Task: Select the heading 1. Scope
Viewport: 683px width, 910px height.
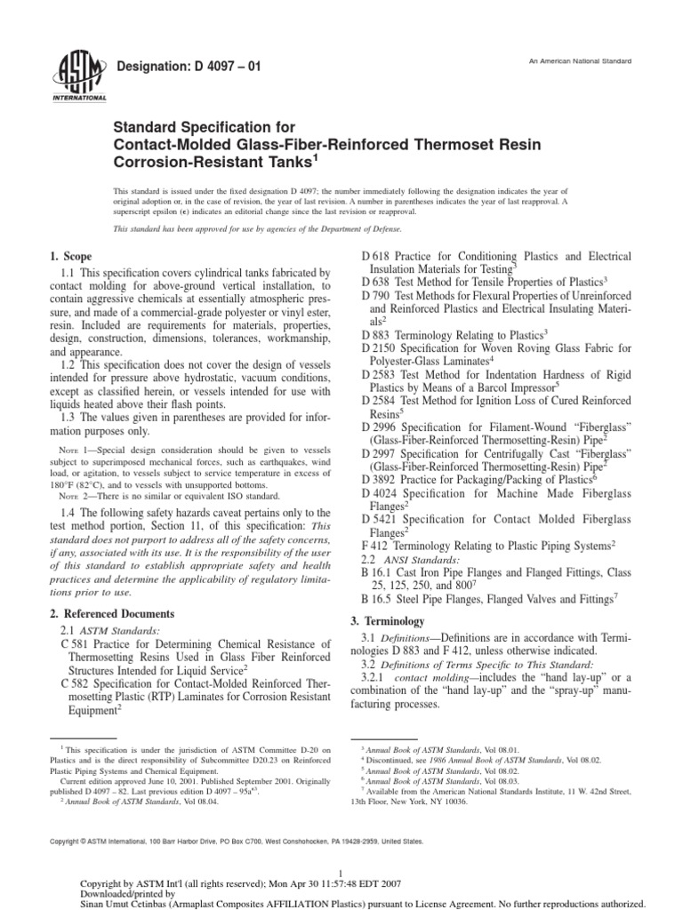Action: click(71, 256)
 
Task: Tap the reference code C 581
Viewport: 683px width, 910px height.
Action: click(73, 643)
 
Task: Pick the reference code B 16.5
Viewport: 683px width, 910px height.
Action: click(380, 600)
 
